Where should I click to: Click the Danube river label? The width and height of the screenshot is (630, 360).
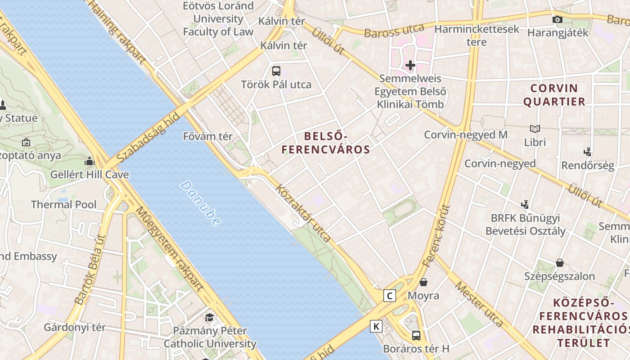tap(201, 203)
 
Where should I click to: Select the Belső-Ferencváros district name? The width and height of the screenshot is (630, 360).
tap(325, 143)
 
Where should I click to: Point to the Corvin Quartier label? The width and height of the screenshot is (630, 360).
tap(554, 94)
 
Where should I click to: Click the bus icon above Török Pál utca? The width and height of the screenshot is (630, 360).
tap(276, 71)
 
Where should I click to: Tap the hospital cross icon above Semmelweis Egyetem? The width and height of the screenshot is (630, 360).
tap(410, 65)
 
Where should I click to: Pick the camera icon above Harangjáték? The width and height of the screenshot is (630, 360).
tap(557, 19)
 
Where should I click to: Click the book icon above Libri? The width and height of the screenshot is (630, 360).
tap(535, 129)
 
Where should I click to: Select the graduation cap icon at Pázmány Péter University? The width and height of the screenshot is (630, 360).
tap(209, 318)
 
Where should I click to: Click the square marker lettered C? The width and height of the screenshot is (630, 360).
tap(389, 296)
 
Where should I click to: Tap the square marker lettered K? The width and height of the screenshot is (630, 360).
tap(376, 326)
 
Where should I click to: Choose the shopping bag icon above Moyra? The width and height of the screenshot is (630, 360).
tap(423, 283)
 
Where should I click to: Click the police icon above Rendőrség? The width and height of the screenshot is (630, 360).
tap(587, 152)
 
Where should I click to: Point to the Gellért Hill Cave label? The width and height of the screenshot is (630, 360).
tap(90, 175)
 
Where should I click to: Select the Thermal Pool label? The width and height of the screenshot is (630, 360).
tap(63, 205)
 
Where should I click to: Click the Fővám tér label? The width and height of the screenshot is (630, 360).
tap(208, 136)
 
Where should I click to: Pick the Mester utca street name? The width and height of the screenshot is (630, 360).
tap(478, 304)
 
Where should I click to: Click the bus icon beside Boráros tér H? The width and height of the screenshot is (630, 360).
tap(416, 335)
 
